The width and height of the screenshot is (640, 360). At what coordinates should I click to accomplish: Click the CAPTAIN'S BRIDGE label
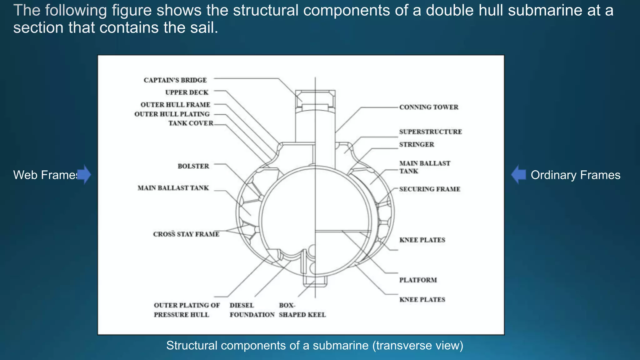click(175, 80)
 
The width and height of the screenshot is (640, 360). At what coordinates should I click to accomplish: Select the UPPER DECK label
click(187, 92)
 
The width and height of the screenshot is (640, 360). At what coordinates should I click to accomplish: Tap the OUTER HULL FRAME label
click(175, 105)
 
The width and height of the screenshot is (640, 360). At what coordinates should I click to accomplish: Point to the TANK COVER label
click(191, 123)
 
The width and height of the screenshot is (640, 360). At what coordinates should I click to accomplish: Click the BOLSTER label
click(193, 166)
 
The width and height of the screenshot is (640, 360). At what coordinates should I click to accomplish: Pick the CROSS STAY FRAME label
click(186, 234)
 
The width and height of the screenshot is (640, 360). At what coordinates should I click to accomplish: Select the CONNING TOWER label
click(428, 107)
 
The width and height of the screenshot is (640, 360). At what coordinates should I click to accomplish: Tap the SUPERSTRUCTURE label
click(430, 132)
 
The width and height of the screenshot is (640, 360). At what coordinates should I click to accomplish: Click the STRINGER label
click(417, 145)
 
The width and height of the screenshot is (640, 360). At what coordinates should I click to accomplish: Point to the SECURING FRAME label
click(430, 189)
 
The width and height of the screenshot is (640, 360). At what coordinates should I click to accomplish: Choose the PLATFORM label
click(418, 280)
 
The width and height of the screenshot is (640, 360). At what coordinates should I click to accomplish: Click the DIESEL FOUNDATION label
click(252, 310)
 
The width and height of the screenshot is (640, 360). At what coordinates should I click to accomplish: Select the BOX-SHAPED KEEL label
click(302, 310)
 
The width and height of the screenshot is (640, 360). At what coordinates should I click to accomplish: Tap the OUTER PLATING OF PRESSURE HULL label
click(187, 310)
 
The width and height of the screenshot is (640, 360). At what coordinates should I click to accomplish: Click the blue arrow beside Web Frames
click(84, 175)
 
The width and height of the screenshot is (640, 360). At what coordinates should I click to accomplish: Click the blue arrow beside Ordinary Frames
click(519, 175)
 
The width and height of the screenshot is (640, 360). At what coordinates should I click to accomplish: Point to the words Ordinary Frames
click(575, 175)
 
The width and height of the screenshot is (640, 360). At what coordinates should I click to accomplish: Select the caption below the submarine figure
click(314, 346)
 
